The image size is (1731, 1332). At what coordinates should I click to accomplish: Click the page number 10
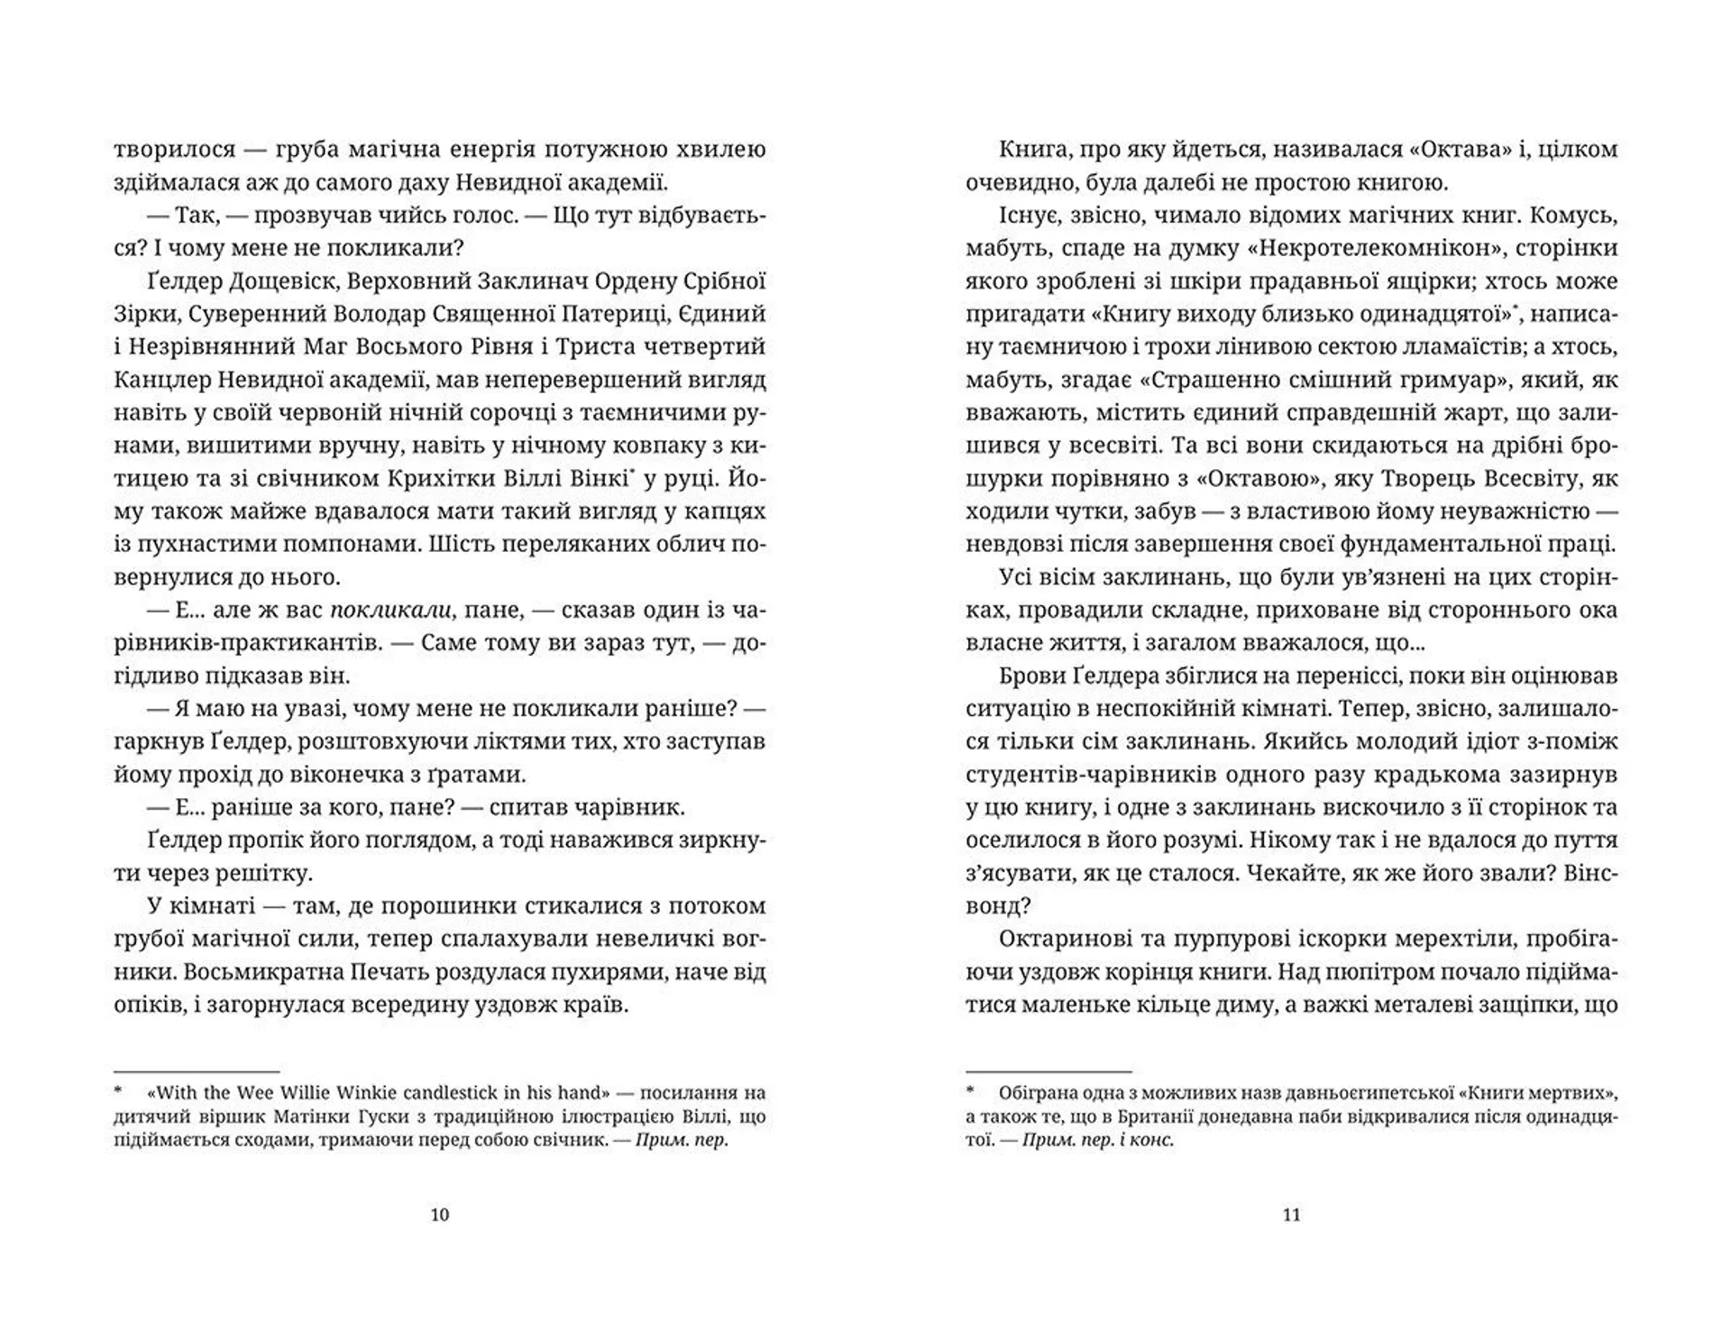[440, 1215]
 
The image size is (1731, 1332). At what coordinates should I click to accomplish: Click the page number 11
[1291, 1215]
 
